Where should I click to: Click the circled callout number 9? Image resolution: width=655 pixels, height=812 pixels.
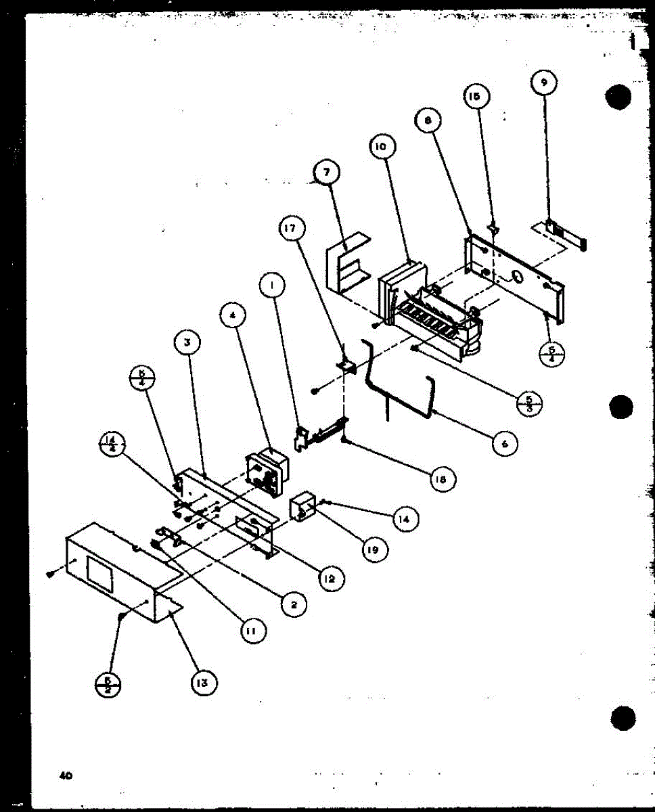tap(544, 83)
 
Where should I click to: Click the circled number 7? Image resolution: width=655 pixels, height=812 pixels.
tap(327, 173)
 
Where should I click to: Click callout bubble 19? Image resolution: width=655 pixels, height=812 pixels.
tap(373, 549)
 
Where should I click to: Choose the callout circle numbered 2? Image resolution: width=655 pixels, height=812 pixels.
tap(293, 604)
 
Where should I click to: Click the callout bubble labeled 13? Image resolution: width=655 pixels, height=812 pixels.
tap(204, 683)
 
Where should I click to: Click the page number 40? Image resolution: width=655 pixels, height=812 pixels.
tap(66, 775)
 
